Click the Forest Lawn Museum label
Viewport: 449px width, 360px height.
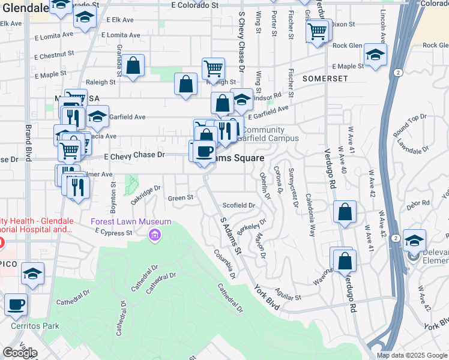tap(127, 221)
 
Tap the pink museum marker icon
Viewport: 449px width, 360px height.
tap(155, 235)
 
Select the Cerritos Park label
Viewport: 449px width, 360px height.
tap(35, 326)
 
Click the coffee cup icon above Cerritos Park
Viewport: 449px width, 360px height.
tap(16, 304)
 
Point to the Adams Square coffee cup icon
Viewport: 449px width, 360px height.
tap(205, 151)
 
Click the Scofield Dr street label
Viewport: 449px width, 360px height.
tap(239, 205)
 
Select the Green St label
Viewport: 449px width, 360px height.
tap(180, 197)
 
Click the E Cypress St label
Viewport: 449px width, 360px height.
tap(113, 233)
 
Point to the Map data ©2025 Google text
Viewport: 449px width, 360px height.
tap(412, 355)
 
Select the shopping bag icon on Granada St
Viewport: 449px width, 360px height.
tap(134, 66)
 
